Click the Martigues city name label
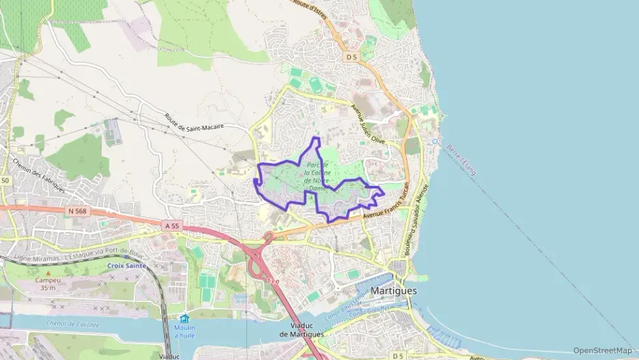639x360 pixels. (395, 290)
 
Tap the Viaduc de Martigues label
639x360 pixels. (301, 330)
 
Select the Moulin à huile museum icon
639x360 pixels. (184, 318)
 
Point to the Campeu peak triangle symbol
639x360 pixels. (48, 272)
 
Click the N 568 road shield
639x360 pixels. (77, 212)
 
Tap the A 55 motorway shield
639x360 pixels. (171, 225)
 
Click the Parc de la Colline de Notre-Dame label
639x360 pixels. (317, 176)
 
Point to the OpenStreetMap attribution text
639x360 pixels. (602, 350)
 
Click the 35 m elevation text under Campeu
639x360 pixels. (48, 288)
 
